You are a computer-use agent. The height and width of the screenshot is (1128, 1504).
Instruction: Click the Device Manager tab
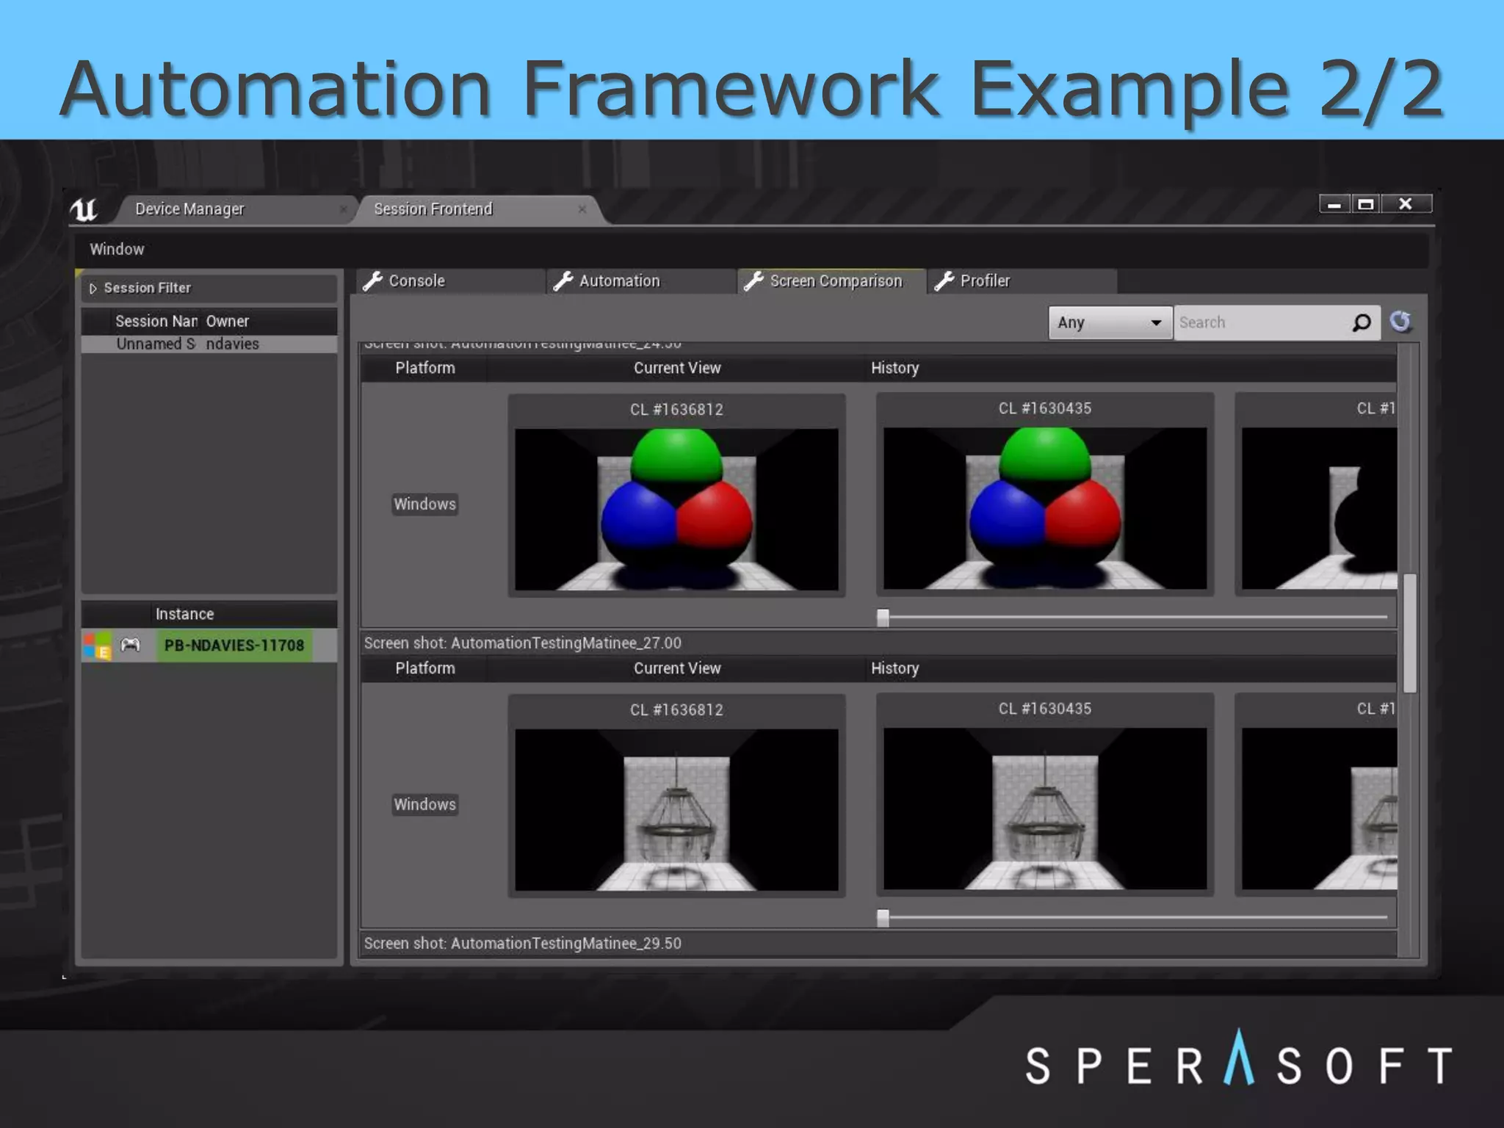click(189, 209)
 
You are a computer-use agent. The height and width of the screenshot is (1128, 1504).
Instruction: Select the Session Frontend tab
click(433, 209)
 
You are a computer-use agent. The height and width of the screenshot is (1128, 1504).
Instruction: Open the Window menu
click(117, 249)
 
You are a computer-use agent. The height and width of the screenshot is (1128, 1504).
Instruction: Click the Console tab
click(416, 281)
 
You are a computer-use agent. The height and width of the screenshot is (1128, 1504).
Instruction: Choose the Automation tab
click(619, 281)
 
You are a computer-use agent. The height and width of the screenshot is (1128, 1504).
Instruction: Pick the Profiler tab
click(985, 281)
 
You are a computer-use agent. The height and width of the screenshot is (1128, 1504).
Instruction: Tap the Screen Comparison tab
click(835, 281)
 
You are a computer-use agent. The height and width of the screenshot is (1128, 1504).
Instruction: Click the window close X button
click(1406, 204)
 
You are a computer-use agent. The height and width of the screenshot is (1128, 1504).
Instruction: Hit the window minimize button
click(1334, 204)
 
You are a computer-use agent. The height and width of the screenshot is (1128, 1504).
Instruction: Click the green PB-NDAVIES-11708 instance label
click(234, 646)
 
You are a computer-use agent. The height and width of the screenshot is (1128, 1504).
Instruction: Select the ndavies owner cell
click(233, 344)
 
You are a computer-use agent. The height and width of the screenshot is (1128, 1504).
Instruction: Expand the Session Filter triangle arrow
click(93, 289)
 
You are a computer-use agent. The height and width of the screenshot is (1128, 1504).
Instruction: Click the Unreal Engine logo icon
click(84, 210)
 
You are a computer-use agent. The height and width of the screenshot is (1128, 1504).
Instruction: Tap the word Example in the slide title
click(1129, 90)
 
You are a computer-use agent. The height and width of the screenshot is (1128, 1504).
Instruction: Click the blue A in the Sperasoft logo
click(1239, 1059)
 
